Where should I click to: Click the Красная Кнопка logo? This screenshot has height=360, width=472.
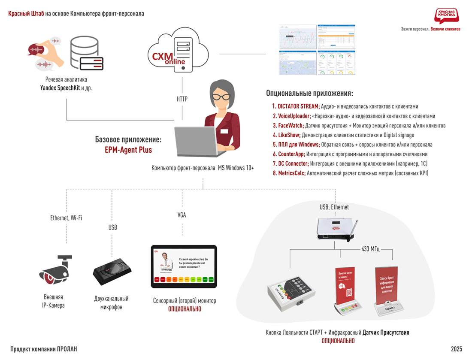447,15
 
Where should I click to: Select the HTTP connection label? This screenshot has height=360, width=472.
182,99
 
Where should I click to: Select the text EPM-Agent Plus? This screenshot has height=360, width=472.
128,150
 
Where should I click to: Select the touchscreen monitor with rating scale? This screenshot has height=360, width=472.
184,267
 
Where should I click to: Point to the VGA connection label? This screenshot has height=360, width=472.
182,215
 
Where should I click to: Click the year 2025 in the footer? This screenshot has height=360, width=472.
457,349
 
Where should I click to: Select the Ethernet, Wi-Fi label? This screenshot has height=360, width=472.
66,218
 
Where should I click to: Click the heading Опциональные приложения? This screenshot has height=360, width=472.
309,93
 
